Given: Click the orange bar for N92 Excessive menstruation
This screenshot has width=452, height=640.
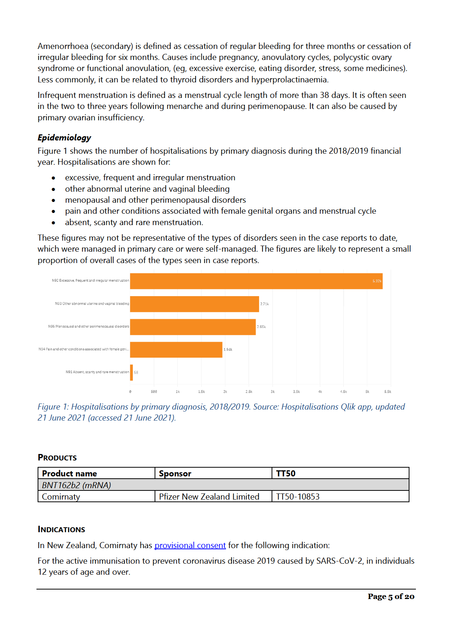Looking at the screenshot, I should tap(256, 281).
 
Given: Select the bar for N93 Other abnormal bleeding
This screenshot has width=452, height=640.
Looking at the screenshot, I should tap(194, 304).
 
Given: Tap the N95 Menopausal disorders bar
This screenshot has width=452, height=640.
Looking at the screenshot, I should tap(193, 327).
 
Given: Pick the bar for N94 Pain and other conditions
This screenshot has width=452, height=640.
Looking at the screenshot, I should tap(176, 350).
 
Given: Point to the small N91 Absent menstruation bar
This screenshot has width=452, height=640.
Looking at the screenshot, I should tap(131, 372).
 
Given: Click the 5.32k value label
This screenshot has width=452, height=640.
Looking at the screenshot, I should tap(377, 281).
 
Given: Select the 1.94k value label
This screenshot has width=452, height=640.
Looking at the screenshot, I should tap(228, 350).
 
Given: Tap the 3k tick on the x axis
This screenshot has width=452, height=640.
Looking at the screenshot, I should tap(272, 391).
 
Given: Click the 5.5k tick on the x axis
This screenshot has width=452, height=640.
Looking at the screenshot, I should tap(387, 391).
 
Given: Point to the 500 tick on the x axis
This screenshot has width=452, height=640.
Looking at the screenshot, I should tap(154, 391).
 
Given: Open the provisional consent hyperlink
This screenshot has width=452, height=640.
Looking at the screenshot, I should tap(190, 545).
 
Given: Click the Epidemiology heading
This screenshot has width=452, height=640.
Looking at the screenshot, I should tap(64, 138).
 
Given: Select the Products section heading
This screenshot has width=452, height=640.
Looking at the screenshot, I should tap(57, 458).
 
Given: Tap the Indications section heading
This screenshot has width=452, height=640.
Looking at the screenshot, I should tap(62, 530).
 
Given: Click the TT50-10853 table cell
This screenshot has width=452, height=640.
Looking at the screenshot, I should tap(298, 497).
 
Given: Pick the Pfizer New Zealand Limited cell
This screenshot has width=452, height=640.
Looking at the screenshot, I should tap(209, 497).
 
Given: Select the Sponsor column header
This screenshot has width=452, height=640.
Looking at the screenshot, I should tap(175, 473).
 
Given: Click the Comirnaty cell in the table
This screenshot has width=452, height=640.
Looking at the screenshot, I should tap(61, 497).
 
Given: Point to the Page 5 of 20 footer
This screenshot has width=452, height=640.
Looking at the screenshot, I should tap(391, 596).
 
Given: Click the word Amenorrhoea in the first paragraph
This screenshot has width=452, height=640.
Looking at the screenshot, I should tap(63, 46).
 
